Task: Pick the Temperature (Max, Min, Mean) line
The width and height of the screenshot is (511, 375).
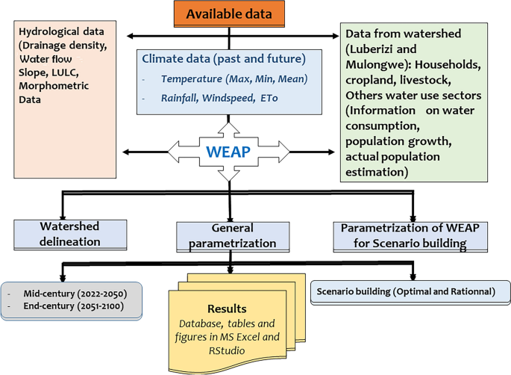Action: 234,78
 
